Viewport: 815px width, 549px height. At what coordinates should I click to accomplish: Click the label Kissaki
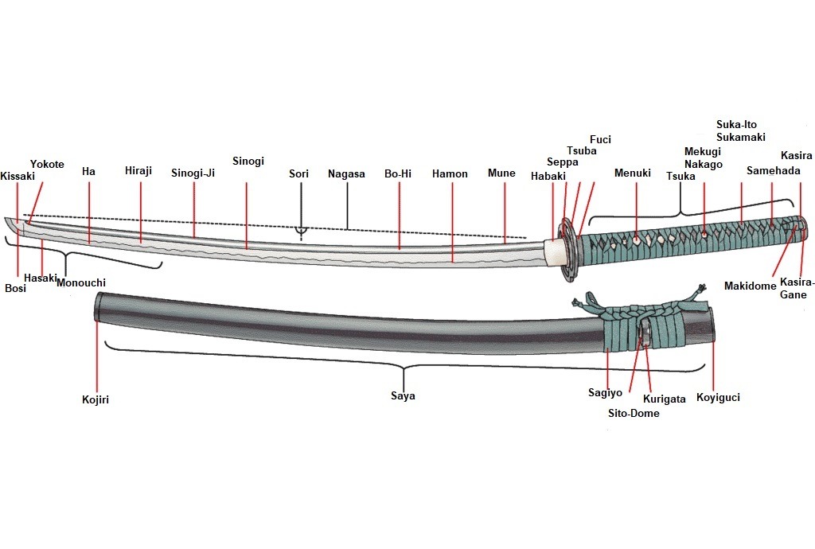pos(18,176)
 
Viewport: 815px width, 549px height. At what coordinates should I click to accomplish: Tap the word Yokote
pos(47,164)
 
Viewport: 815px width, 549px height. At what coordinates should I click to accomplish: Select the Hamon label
pos(450,173)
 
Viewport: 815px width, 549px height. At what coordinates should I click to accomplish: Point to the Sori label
pos(298,173)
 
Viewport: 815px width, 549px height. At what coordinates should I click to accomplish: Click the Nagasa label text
pos(346,173)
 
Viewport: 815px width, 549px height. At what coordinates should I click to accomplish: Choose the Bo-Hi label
pos(398,173)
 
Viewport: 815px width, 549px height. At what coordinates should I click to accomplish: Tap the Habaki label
pos(547,177)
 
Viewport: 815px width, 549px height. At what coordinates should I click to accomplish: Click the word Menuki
pos(633,173)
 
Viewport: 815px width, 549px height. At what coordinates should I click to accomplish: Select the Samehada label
pos(773,170)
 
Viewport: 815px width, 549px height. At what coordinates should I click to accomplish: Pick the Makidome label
pos(750,286)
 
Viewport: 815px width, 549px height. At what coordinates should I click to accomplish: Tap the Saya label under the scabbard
pos(403,395)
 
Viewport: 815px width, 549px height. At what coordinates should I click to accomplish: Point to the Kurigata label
pos(664,399)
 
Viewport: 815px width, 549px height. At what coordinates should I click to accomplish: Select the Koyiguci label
pos(718,397)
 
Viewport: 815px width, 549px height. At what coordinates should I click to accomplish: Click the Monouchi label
pos(81,282)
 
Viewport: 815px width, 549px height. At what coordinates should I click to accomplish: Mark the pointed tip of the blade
pos(8,222)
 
